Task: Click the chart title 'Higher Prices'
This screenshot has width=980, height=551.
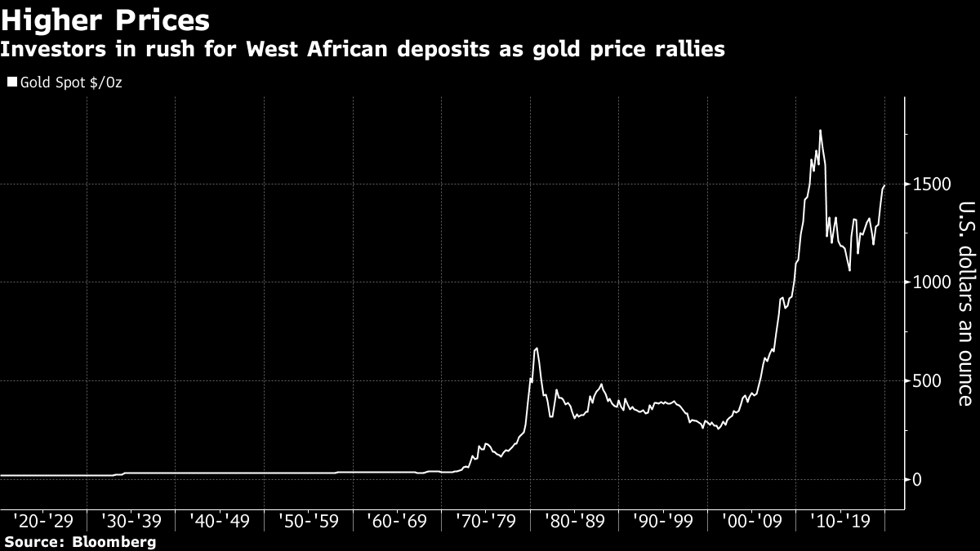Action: tap(105, 20)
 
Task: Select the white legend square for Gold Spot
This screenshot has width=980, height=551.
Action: tap(11, 82)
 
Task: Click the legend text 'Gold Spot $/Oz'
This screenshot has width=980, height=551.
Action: tap(71, 82)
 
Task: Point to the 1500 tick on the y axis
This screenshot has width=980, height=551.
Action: tap(932, 184)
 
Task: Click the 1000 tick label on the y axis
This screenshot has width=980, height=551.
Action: tap(932, 282)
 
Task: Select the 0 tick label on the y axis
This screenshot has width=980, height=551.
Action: tap(919, 479)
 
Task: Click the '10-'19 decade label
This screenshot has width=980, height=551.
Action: tap(840, 521)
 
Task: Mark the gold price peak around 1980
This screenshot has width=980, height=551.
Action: tap(536, 349)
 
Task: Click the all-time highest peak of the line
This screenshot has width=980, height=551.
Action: tap(820, 131)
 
